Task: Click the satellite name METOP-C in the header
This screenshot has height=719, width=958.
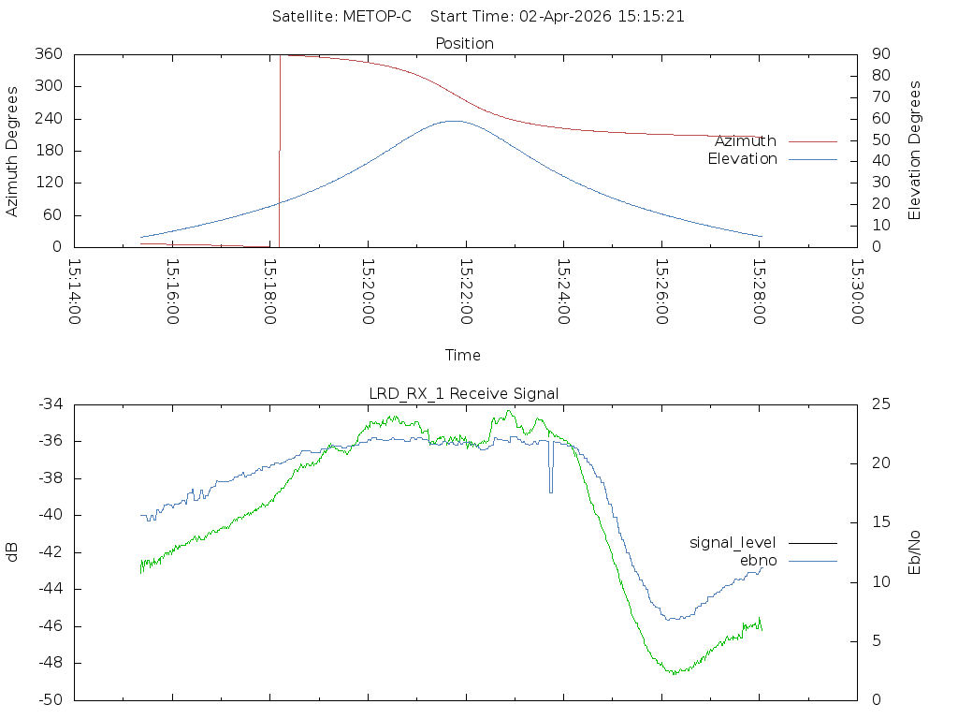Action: point(377,17)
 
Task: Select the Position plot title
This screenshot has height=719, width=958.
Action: point(464,43)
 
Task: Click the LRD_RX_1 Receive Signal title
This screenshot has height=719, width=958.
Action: point(464,394)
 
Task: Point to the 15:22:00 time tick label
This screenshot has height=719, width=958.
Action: point(466,292)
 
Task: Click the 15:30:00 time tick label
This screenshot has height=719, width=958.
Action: point(858,292)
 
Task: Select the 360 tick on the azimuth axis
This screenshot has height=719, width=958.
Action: point(49,53)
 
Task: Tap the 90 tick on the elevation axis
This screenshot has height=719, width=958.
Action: point(881,53)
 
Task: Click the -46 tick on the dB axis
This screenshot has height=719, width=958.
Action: point(51,626)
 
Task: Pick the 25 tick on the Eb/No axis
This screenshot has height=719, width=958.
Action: point(881,404)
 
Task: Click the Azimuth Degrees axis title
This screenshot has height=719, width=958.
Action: point(11,151)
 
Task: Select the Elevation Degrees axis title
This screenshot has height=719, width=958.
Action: point(914,151)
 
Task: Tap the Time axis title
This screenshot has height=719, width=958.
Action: point(462,355)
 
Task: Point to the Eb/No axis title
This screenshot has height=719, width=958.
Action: point(914,552)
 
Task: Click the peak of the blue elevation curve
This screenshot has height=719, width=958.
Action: point(454,121)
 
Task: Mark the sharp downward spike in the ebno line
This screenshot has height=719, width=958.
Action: point(551,492)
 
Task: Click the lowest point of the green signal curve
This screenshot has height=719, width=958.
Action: point(675,673)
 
